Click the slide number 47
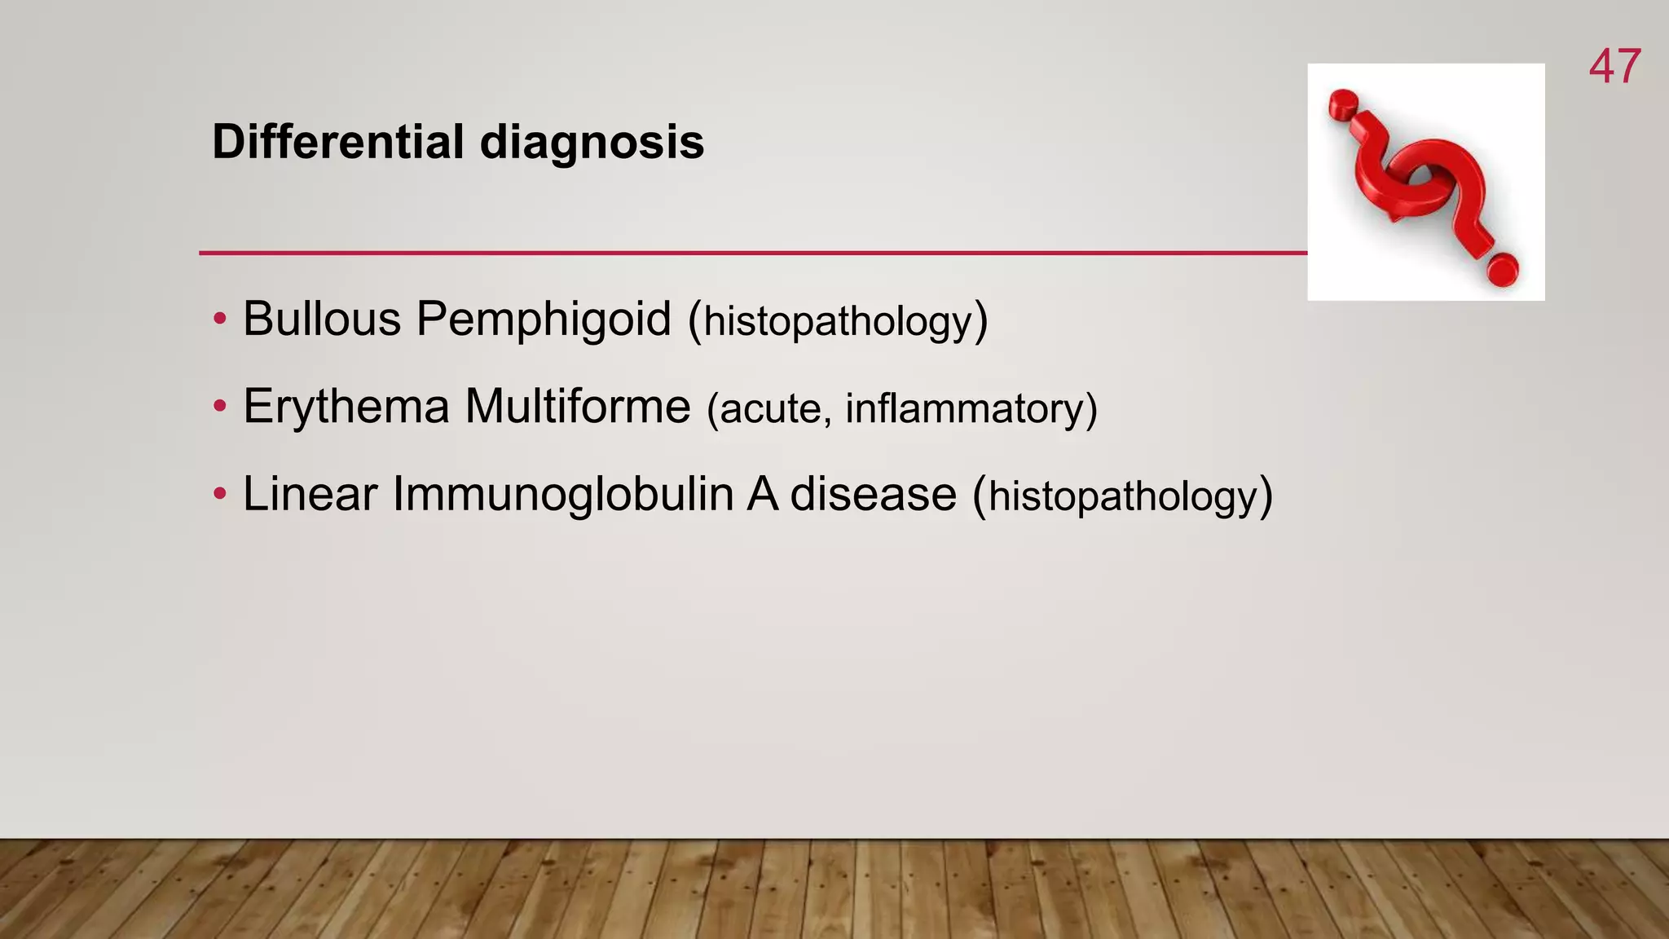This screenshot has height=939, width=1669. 1614,67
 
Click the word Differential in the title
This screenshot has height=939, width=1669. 338,142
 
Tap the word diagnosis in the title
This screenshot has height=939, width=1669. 592,142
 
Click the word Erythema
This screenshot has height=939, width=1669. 346,406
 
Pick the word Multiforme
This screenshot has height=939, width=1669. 577,406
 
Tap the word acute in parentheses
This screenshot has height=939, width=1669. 775,409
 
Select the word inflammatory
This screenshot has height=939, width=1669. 970,409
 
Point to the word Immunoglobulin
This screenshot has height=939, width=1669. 562,494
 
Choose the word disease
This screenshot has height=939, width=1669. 873,494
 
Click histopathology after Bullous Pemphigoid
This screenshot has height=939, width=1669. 839,321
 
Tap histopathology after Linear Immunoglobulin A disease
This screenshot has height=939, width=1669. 1123,497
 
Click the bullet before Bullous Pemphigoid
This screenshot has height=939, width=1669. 219,320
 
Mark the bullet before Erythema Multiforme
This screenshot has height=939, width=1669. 219,408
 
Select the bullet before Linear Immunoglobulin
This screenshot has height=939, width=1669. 219,496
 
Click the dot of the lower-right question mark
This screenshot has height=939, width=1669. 1501,270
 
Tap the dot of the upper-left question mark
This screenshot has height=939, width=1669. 1341,104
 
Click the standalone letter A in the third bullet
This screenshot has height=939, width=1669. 762,494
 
